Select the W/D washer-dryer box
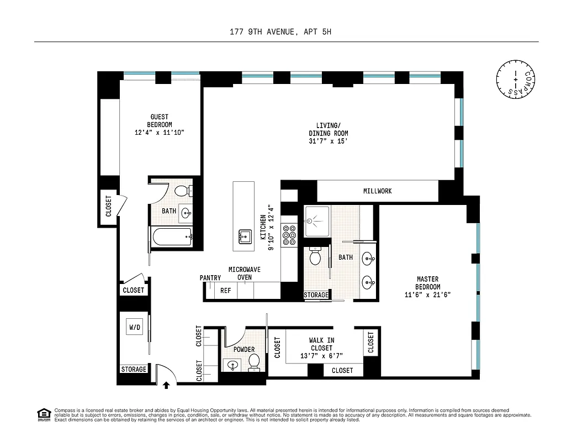coord(135,327)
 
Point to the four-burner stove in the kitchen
coord(289,235)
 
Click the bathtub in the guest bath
coord(171,237)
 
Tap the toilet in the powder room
coord(255,362)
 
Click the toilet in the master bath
coord(315,257)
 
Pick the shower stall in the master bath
coord(316,222)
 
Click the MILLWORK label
coord(378,191)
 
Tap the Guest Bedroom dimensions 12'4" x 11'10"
coord(160,133)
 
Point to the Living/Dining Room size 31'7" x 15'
coord(328,141)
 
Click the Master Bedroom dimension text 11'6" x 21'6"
coord(427,295)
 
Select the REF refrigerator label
coord(226,290)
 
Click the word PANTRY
coord(210,278)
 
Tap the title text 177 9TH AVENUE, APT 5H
coord(285,32)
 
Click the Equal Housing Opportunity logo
coord(43,414)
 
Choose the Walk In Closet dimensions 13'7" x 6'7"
coord(321,356)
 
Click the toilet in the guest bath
coord(182,191)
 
